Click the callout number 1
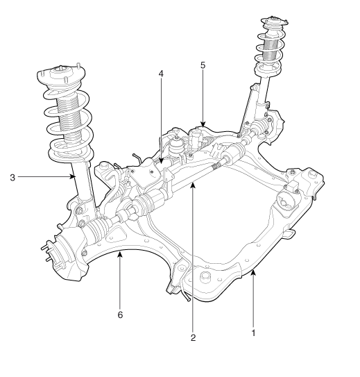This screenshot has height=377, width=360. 253,333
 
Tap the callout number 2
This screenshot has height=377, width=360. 193,338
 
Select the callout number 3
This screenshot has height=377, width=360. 12,178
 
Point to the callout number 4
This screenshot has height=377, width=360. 161,74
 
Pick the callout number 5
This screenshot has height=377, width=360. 203,65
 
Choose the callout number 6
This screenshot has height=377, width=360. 120,315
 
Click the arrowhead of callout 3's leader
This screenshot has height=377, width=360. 73,177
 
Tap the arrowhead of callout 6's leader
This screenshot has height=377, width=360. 120,253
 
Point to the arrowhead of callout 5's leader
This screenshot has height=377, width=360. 203,124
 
